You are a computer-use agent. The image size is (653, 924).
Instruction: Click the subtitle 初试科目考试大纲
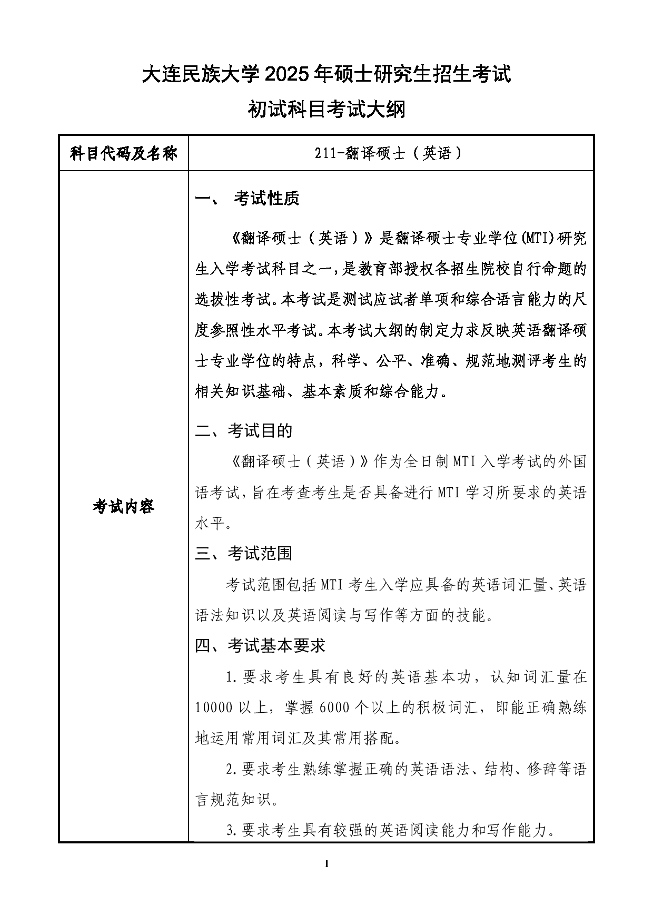point(326,110)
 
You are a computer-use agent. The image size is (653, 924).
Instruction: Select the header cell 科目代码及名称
point(123,154)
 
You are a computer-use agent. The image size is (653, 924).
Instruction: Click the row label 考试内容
point(123,507)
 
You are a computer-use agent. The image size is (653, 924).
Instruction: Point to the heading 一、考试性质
point(247,199)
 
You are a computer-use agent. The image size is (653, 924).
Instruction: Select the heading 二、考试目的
point(243,431)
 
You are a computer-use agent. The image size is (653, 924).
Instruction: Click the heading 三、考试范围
point(243,554)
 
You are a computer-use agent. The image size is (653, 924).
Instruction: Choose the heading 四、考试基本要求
point(260,645)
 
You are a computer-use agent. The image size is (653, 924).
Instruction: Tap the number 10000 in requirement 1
point(214,707)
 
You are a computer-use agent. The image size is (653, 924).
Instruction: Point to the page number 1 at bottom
point(326,863)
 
